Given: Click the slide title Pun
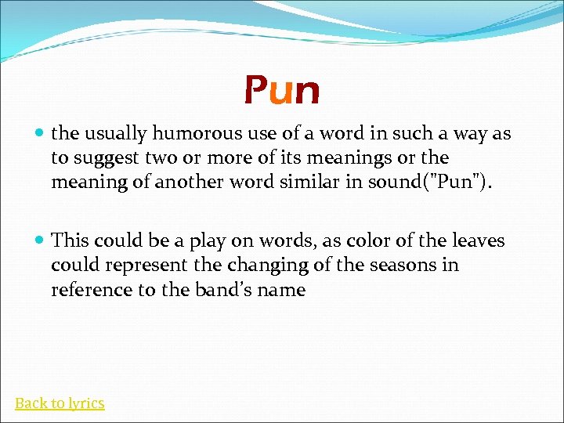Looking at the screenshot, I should (x=281, y=91).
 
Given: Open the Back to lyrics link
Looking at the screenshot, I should (x=60, y=403).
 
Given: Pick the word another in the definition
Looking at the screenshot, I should (x=190, y=183).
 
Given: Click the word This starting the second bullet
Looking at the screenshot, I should (x=69, y=240).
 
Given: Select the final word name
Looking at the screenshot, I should (x=284, y=290).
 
